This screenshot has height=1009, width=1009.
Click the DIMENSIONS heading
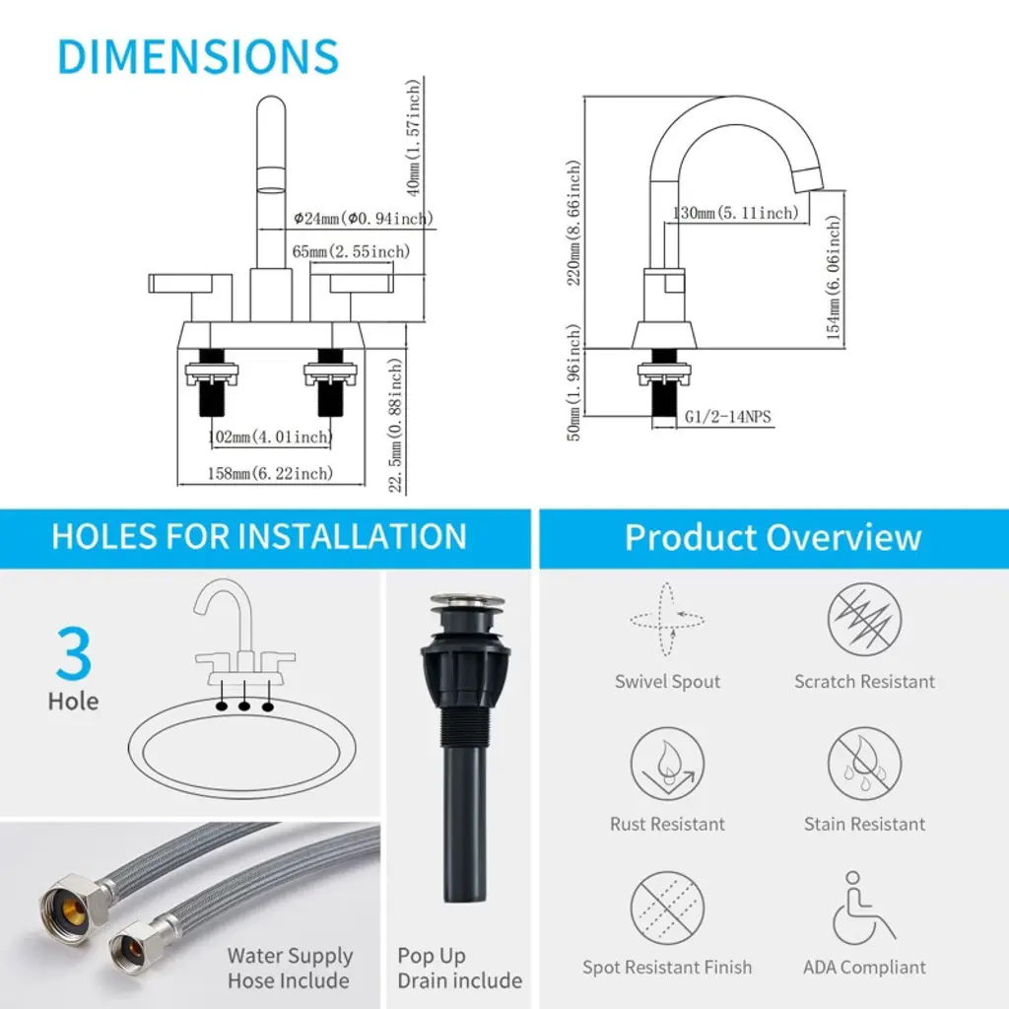pyautogui.click(x=197, y=56)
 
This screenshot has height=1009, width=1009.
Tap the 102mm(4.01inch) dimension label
pyautogui.click(x=270, y=437)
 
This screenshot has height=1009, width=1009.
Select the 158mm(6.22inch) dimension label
pyautogui.click(x=270, y=474)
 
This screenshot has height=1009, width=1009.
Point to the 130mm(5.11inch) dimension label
pyautogui.click(x=735, y=213)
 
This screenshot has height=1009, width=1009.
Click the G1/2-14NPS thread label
pyautogui.click(x=727, y=417)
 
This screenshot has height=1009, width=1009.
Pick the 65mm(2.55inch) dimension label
pyautogui.click(x=351, y=251)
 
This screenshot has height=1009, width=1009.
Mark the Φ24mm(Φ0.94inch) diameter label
pyautogui.click(x=364, y=219)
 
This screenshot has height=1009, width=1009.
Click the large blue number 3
pyautogui.click(x=73, y=653)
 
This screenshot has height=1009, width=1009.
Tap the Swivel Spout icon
pyautogui.click(x=667, y=619)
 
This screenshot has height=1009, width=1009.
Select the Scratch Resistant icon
pyautogui.click(x=864, y=619)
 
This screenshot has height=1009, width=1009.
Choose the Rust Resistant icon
pyautogui.click(x=667, y=764)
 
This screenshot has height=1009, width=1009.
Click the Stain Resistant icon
pyautogui.click(x=864, y=764)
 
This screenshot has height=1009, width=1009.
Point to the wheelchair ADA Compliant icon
pyautogui.click(x=862, y=908)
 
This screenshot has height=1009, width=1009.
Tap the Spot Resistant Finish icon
pyautogui.click(x=667, y=908)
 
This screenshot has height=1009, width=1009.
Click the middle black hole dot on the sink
pyautogui.click(x=244, y=706)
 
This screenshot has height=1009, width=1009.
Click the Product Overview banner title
pyautogui.click(x=774, y=537)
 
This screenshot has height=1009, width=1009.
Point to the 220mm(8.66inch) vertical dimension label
pyautogui.click(x=573, y=223)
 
